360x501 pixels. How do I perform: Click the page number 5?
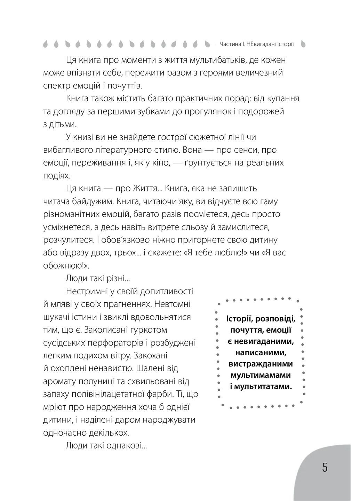point(325,468)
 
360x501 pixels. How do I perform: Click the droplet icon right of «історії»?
point(303,44)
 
